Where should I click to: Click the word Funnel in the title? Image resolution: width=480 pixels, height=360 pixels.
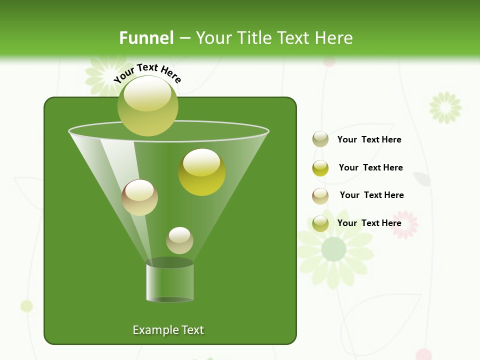point(146,38)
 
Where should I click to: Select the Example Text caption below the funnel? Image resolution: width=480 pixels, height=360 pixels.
point(168,330)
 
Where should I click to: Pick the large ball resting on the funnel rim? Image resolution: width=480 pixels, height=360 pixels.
point(148,105)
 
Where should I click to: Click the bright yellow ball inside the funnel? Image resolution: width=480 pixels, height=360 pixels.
point(202,172)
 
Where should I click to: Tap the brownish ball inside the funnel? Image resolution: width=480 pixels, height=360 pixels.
point(139,197)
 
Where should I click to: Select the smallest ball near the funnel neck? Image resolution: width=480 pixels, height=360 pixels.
point(179,240)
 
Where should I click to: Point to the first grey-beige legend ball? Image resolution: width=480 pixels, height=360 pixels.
point(320,139)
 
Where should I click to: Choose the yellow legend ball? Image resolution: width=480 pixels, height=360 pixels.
point(320,168)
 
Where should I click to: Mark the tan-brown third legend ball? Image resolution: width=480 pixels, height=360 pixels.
point(320,196)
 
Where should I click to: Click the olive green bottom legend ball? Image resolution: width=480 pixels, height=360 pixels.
point(320,223)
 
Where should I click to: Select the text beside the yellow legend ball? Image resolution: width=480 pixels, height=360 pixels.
point(370,167)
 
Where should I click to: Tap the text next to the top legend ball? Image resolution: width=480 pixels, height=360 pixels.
point(369,139)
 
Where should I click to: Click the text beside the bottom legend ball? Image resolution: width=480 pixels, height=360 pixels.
point(369,223)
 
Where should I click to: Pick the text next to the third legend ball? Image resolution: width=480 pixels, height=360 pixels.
point(371,195)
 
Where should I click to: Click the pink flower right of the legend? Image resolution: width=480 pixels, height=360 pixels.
point(404,224)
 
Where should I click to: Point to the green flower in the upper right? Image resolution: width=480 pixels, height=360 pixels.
point(445,107)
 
